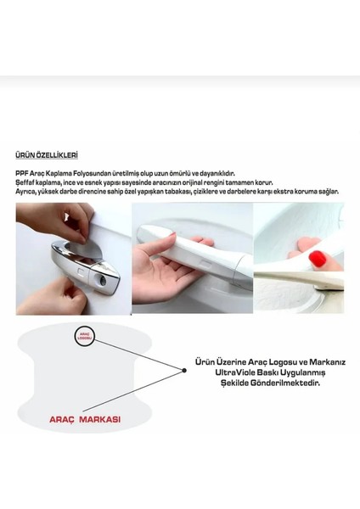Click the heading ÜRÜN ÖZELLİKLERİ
(x=47, y=155)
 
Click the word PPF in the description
(x=21, y=172)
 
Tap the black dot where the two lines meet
(x=185, y=369)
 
